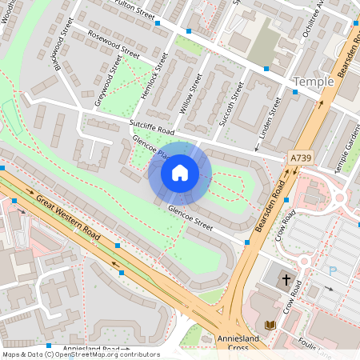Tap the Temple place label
click(x=313, y=82)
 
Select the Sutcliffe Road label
click(x=151, y=126)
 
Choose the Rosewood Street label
click(x=114, y=46)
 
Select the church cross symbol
click(x=286, y=280)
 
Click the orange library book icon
click(x=270, y=324)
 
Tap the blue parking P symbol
click(x=332, y=271)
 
